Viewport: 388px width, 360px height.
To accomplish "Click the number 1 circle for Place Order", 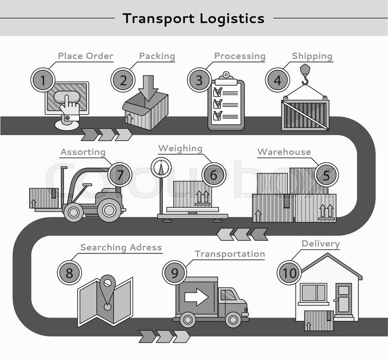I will [43, 79].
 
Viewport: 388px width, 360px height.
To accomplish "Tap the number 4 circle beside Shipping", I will [277, 79].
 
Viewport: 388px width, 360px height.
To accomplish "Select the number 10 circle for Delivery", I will [289, 273].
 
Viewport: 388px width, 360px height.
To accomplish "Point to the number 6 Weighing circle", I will [214, 175].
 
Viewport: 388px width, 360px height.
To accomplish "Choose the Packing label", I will [157, 56].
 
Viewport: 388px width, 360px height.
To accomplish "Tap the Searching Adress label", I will [121, 248].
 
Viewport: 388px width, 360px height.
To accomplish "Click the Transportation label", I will [229, 254].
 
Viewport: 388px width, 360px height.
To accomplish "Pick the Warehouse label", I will [284, 152].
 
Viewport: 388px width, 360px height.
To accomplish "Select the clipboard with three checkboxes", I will [226, 103].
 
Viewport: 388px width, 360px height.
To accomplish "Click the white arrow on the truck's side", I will [197, 296].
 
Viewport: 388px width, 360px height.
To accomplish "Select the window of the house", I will [314, 293].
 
